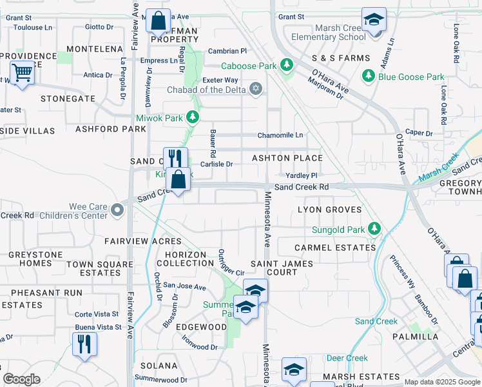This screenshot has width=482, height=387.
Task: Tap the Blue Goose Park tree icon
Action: (x=369, y=77)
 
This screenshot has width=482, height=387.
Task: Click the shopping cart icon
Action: (x=22, y=73)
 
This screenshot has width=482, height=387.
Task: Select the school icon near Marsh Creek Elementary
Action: (x=373, y=20)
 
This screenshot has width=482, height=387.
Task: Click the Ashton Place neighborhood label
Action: (x=287, y=158)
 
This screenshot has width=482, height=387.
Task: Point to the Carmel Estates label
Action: (x=334, y=248)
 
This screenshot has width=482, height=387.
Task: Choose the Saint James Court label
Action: (x=282, y=268)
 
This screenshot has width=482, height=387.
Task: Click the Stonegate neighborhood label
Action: (x=68, y=99)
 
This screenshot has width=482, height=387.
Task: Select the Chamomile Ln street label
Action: (x=280, y=135)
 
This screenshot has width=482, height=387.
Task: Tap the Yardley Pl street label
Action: (x=302, y=175)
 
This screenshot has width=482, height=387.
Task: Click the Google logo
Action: (x=21, y=379)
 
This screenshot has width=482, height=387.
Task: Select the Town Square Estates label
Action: (x=93, y=268)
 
